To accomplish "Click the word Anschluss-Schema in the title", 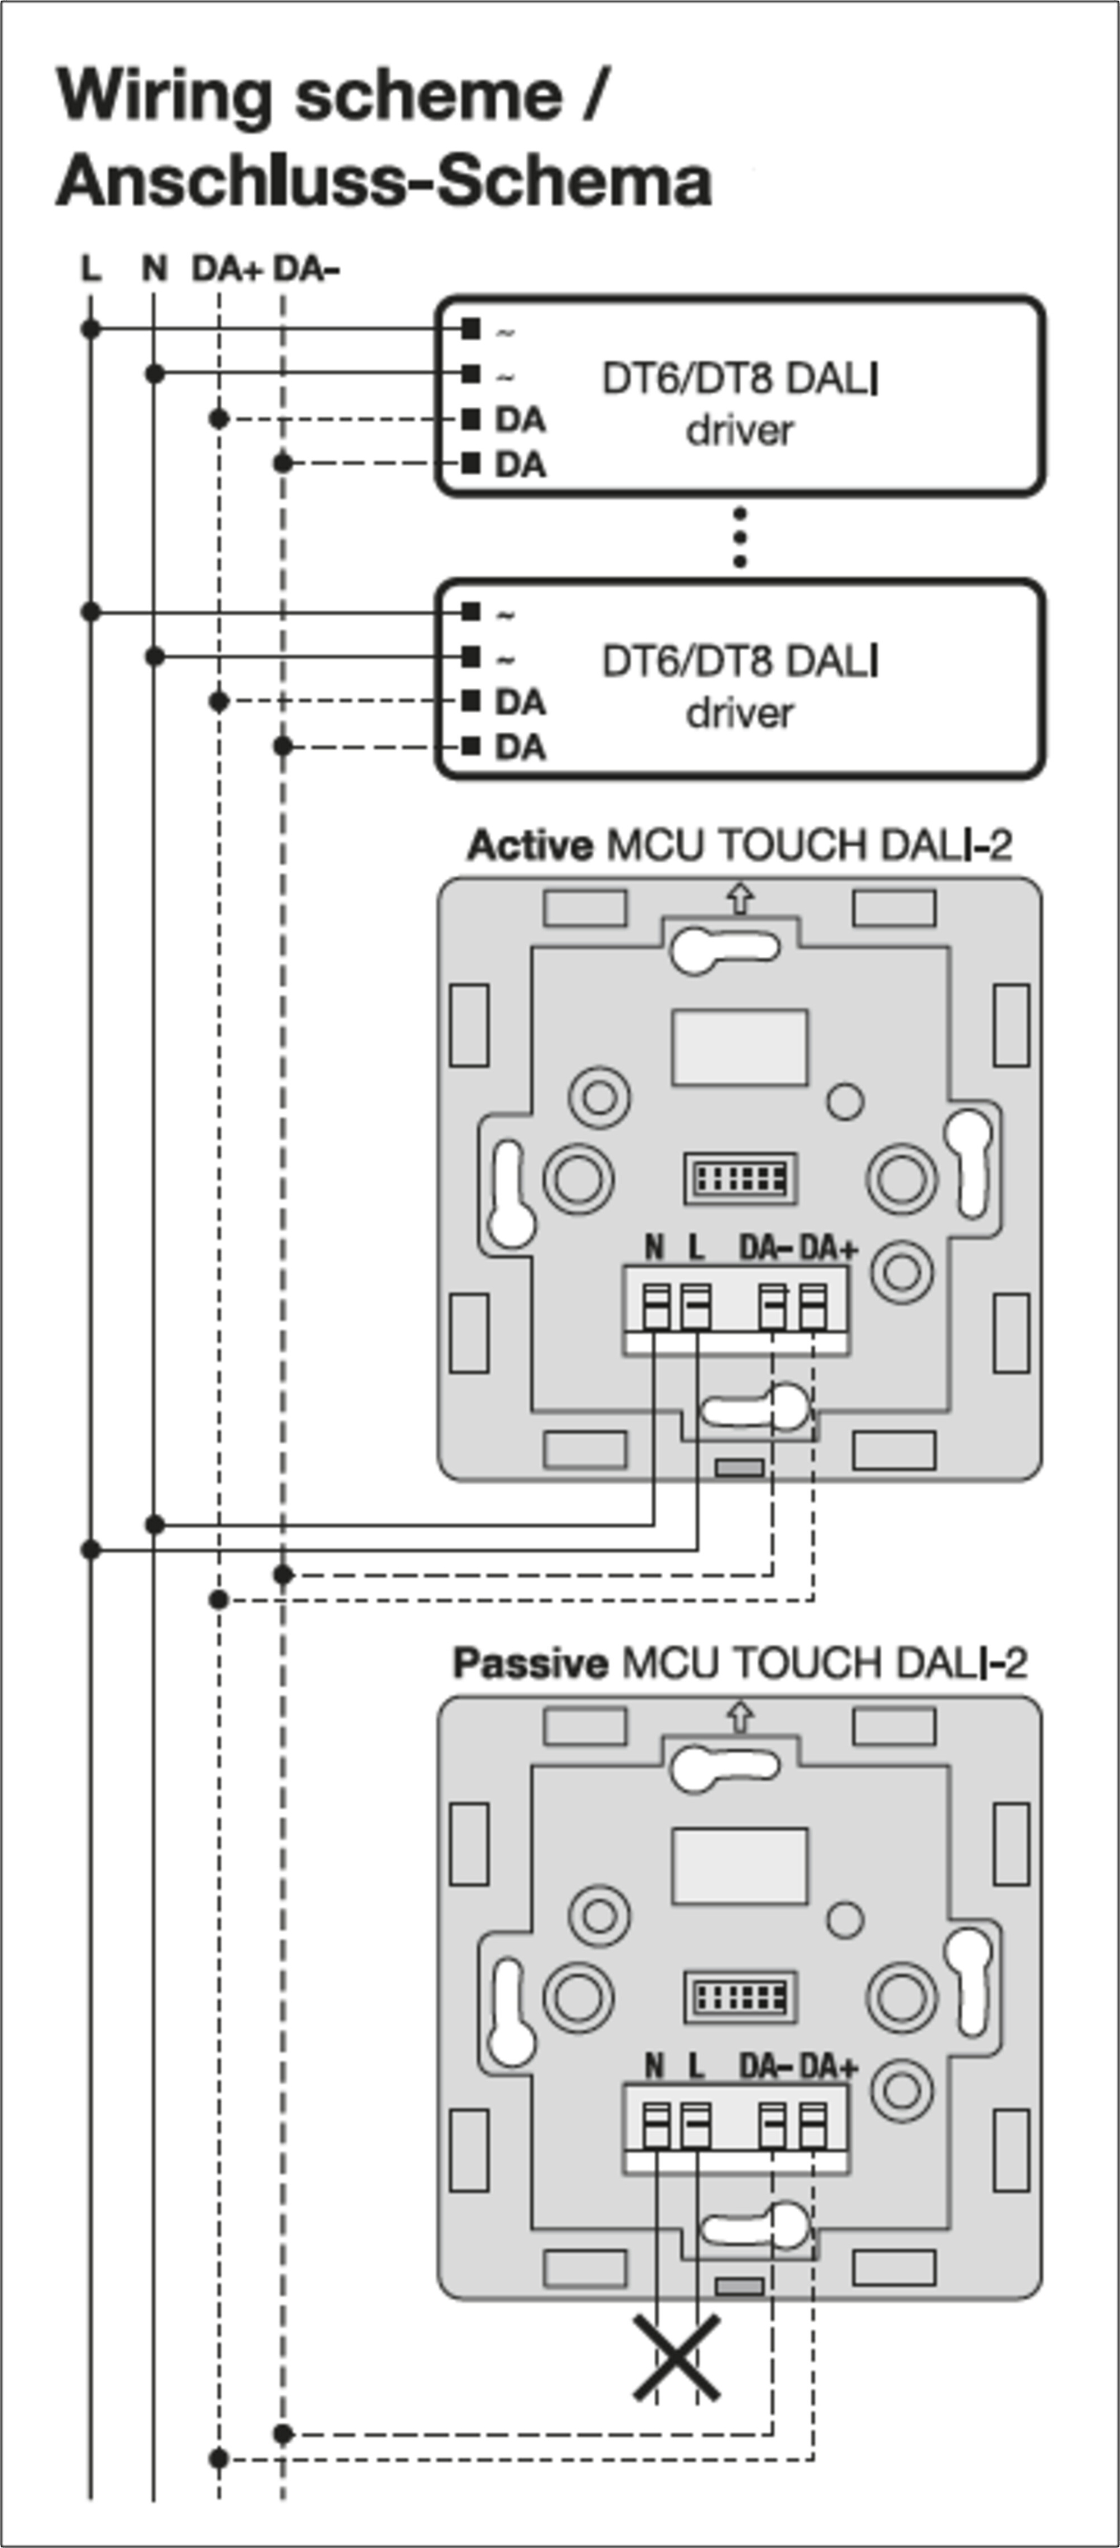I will (384, 182).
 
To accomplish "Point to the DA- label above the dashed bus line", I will (306, 269).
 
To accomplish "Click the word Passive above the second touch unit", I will (529, 1663).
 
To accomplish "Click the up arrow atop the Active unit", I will (740, 898).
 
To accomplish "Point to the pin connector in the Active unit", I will (740, 1177).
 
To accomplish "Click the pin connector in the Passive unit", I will (740, 1996).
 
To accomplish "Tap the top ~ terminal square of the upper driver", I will (471, 328).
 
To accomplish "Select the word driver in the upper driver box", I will (740, 431).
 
